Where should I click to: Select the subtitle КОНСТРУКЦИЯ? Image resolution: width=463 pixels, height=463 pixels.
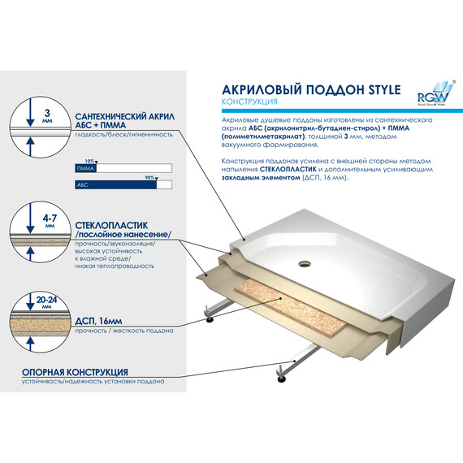point(250,102)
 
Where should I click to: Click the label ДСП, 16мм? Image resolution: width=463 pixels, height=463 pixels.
point(102,322)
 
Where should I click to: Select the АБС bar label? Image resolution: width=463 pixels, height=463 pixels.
point(80,184)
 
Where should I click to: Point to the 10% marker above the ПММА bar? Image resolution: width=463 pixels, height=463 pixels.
point(90,161)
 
